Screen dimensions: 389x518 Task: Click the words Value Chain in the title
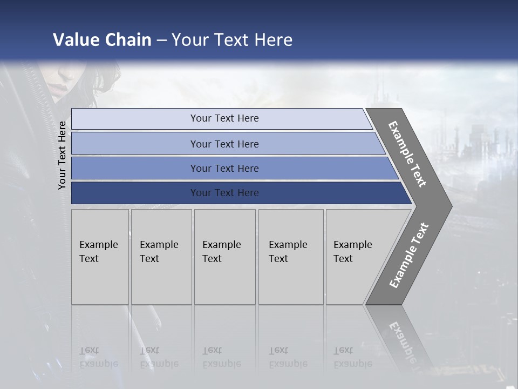pos(102,40)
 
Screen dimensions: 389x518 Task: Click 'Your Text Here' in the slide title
pos(232,40)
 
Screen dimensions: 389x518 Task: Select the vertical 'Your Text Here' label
pos(62,155)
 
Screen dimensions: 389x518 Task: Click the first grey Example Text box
pos(100,257)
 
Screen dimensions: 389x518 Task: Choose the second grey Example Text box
pos(161,257)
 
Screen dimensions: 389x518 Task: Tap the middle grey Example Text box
pos(224,257)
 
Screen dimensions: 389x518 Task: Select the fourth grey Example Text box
pos(291,257)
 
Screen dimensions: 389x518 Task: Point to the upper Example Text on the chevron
pos(407,154)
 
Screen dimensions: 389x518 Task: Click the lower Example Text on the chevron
pos(409,256)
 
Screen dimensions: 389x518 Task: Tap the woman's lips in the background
pos(60,86)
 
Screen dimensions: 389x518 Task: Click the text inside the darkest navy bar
pos(224,193)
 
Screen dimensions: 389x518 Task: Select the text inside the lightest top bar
pos(224,118)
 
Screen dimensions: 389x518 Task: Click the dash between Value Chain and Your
pos(161,41)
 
